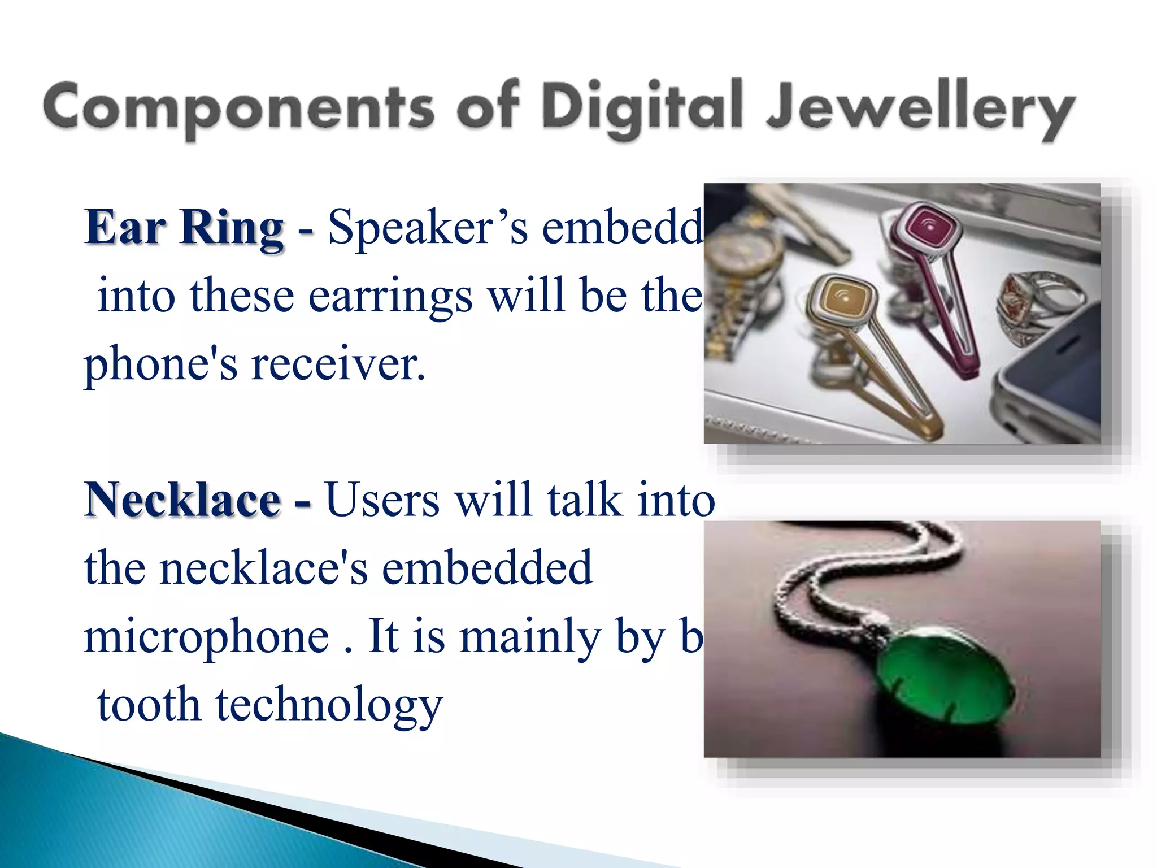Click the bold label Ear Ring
[x=184, y=227]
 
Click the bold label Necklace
[x=182, y=500]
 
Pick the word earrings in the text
[x=390, y=296]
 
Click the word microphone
[x=207, y=636]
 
